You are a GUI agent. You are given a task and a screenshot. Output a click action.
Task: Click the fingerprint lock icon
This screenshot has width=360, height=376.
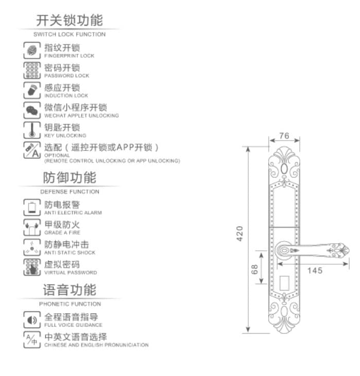(32, 50)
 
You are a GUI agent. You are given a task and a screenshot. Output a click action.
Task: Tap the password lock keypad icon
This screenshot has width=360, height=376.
(32, 70)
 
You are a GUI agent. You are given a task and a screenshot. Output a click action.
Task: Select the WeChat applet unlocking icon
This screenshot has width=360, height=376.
(32, 110)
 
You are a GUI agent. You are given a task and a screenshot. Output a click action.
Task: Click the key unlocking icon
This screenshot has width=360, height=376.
(32, 130)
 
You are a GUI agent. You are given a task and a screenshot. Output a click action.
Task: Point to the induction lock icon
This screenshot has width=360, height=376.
(32, 90)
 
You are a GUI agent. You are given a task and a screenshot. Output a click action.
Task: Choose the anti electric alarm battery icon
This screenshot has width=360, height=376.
(32, 208)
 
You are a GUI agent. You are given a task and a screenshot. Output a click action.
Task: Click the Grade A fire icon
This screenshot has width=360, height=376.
(32, 227)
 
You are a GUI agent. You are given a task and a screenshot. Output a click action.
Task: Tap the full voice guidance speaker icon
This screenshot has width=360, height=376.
(32, 320)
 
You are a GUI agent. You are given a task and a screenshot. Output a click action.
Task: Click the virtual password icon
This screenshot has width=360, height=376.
(32, 267)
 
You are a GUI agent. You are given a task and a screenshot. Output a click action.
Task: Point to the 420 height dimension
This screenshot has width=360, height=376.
(239, 234)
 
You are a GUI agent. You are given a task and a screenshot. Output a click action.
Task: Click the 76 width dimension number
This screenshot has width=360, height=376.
(284, 136)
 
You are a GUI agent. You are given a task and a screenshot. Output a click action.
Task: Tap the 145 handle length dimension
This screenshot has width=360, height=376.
(315, 270)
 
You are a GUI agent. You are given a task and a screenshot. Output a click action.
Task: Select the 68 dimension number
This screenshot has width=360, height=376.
(254, 269)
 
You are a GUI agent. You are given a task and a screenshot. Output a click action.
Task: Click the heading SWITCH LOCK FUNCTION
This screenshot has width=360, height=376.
(70, 35)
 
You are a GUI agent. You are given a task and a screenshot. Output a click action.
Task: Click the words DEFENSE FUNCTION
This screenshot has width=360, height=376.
(70, 192)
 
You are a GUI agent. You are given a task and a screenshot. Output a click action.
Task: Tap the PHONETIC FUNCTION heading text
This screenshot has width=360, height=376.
(70, 304)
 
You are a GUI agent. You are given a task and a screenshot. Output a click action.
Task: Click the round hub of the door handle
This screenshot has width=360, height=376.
(283, 251)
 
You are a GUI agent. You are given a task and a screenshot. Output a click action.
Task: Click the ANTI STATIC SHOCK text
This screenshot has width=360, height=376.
(70, 253)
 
